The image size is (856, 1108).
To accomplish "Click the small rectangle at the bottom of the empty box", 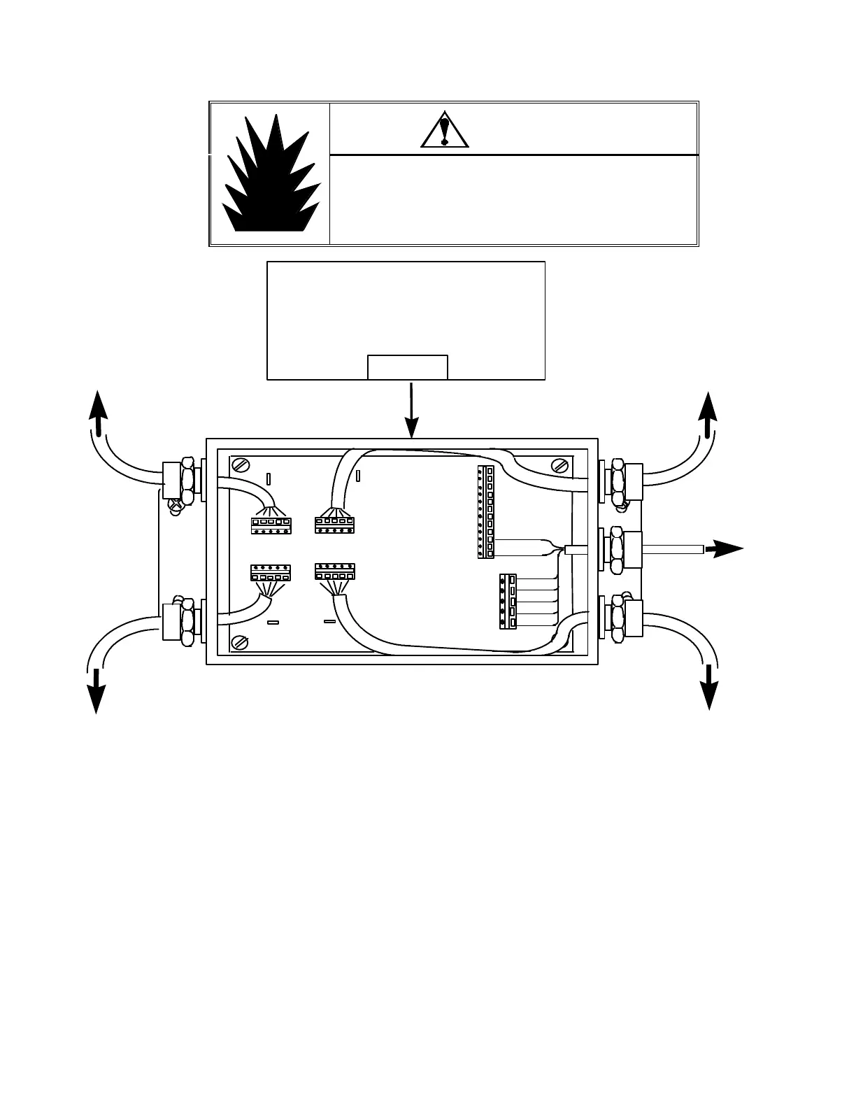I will pyautogui.click(x=408, y=367).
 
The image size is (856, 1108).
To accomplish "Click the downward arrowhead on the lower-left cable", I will pyautogui.click(x=95, y=698).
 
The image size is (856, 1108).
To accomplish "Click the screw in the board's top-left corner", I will pyautogui.click(x=240, y=464).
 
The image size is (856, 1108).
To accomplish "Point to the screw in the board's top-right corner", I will pyautogui.click(x=559, y=465).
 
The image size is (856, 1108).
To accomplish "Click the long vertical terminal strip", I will pyautogui.click(x=485, y=513).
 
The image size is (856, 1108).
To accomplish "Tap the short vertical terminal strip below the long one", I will pyautogui.click(x=508, y=602).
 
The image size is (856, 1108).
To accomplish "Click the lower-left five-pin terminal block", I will pyautogui.click(x=271, y=573).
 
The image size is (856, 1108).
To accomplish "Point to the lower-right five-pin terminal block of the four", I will pyautogui.click(x=335, y=571).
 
